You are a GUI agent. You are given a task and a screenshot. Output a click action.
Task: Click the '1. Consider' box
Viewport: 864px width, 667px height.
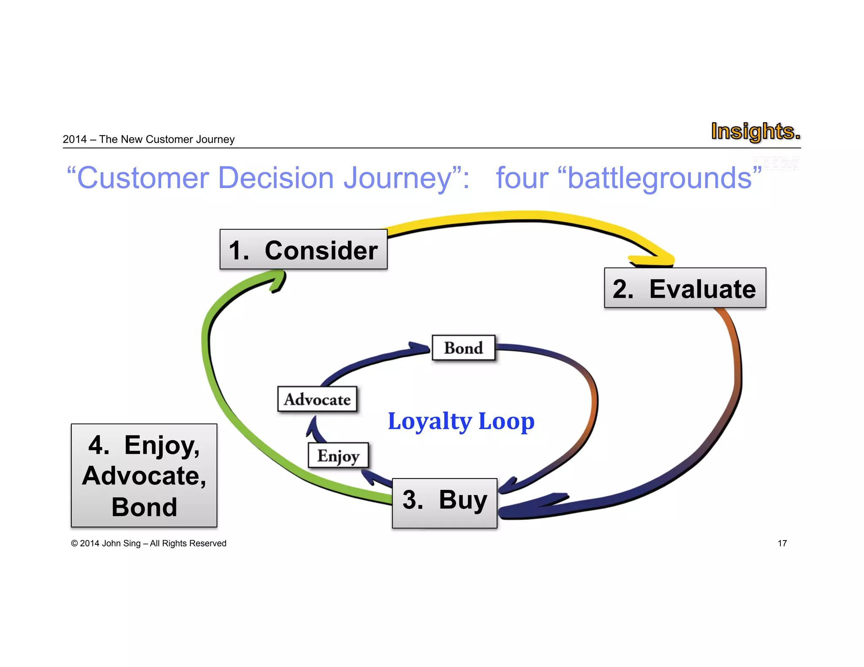point(303,250)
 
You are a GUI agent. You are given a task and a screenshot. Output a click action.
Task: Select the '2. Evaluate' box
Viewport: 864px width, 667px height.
point(685,288)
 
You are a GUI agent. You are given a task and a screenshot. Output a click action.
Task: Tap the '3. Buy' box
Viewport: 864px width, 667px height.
point(444,503)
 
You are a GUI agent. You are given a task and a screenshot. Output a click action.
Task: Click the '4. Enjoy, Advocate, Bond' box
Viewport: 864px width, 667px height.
point(144,475)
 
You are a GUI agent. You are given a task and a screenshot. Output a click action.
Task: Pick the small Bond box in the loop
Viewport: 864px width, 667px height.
point(463,348)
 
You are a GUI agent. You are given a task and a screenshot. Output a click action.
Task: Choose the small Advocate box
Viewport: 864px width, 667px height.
point(317,399)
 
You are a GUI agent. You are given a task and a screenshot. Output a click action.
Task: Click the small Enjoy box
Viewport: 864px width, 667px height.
point(338,455)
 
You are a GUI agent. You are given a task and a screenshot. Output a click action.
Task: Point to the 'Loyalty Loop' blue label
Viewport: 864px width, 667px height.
point(461,421)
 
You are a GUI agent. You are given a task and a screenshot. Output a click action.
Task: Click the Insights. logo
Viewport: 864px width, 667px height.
point(755,131)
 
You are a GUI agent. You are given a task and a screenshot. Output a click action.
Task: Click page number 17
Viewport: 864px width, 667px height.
point(782,543)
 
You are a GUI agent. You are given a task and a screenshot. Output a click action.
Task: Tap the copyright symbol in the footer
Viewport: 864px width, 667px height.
point(74,543)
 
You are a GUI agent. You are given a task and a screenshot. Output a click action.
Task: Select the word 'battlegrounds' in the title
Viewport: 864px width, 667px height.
point(659,178)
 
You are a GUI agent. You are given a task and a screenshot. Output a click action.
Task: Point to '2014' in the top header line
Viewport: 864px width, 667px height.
point(75,140)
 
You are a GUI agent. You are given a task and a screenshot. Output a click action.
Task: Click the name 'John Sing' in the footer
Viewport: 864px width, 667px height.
point(121,543)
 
